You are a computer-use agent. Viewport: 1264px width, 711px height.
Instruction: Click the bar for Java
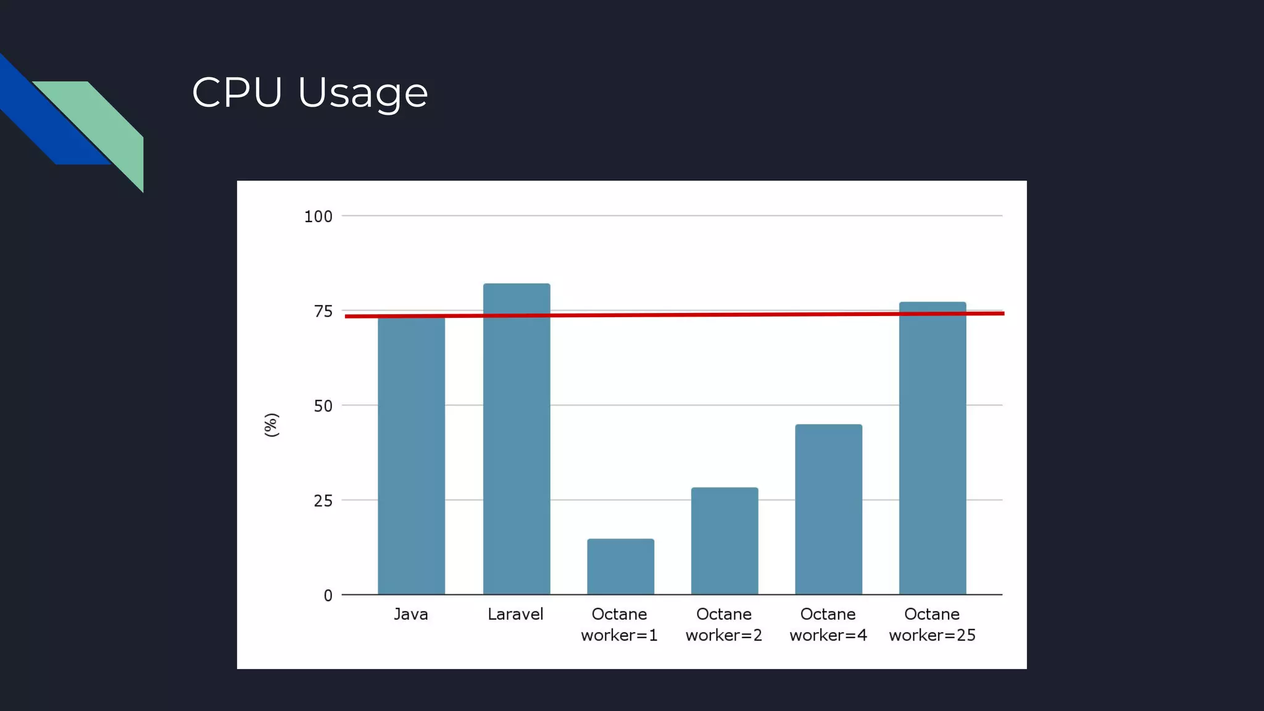(411, 457)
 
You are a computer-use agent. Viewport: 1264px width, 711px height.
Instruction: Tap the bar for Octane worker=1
(620, 567)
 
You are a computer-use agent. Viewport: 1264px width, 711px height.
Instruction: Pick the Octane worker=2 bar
(725, 541)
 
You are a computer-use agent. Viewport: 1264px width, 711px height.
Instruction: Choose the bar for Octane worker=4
(828, 510)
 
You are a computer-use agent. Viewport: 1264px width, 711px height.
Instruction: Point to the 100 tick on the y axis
(318, 217)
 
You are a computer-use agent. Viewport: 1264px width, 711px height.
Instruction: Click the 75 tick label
(323, 312)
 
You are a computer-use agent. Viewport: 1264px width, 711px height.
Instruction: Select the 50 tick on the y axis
(323, 406)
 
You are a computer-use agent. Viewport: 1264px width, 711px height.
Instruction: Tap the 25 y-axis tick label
(323, 501)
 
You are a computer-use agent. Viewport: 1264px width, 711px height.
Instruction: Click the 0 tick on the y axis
(328, 596)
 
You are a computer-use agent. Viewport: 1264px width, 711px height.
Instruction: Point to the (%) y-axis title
(272, 425)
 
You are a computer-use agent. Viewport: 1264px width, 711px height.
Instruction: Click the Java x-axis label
(411, 615)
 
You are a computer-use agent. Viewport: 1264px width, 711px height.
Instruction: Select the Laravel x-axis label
(515, 615)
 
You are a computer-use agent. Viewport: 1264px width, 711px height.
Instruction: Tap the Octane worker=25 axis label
(932, 625)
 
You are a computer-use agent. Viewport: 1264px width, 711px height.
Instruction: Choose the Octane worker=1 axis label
(619, 625)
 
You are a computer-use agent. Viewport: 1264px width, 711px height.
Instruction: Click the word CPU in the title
(237, 93)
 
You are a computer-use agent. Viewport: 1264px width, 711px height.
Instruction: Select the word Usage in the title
(363, 94)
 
